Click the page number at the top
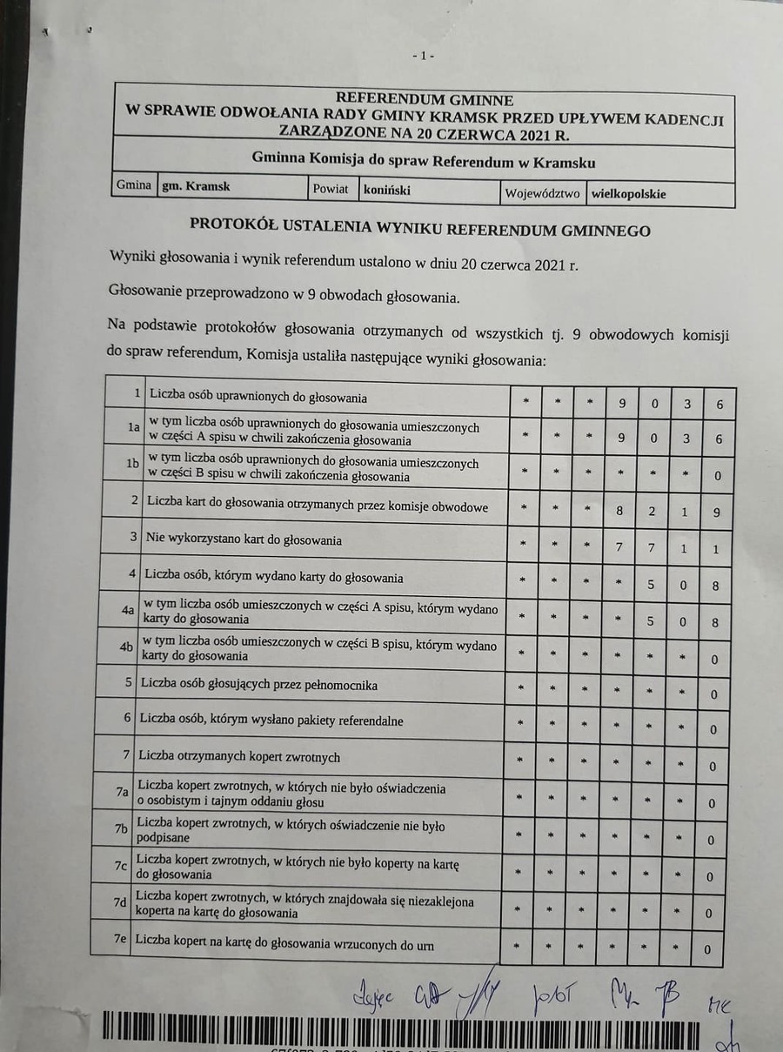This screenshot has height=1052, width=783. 424,56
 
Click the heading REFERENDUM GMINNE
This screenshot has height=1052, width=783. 425,100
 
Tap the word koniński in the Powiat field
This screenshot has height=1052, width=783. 387,189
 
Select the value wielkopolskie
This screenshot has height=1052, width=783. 629,194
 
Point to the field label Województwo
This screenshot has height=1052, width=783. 542,193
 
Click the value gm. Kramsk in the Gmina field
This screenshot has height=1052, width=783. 196,186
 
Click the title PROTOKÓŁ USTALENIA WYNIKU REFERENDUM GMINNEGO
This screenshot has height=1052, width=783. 420,229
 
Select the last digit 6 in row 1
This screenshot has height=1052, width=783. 719,404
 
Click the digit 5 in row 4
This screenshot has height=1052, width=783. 651,586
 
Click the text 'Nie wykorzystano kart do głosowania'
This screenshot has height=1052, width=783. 243,539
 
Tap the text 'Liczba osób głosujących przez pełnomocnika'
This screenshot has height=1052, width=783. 259,685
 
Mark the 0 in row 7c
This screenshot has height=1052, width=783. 710,876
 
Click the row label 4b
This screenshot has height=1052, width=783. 127,647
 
